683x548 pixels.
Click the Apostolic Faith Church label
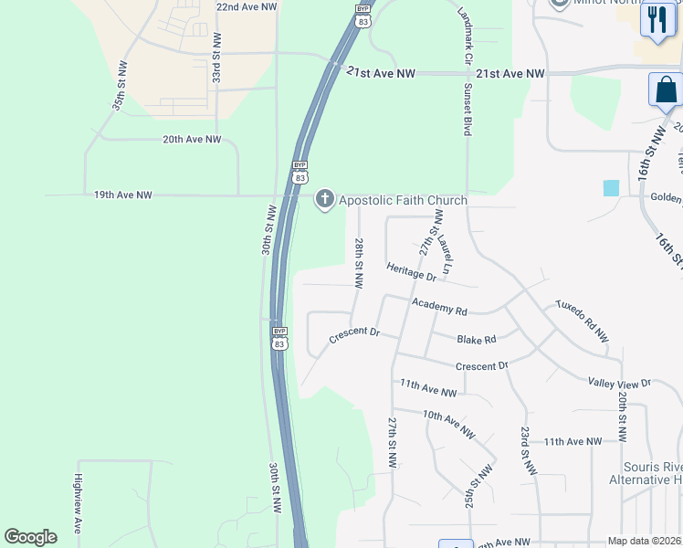[x=403, y=200]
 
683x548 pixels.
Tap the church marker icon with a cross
[x=324, y=200]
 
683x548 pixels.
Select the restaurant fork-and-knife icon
[x=657, y=19]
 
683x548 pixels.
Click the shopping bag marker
[x=666, y=90]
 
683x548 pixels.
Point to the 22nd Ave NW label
[x=247, y=6]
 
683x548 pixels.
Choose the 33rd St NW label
[x=217, y=58]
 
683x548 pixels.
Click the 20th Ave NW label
[x=192, y=139]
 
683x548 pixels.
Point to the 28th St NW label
[x=359, y=259]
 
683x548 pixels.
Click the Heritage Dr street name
[x=412, y=271]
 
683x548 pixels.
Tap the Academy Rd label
[x=439, y=308]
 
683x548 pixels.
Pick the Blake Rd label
[x=477, y=339]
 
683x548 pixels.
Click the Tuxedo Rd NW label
[x=583, y=320]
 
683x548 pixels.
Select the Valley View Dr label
[x=620, y=384]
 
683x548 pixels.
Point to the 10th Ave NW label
[x=448, y=423]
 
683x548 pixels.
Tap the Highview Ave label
[x=79, y=499]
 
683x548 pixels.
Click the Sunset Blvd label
[x=468, y=111]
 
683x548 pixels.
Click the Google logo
[x=30, y=537]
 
